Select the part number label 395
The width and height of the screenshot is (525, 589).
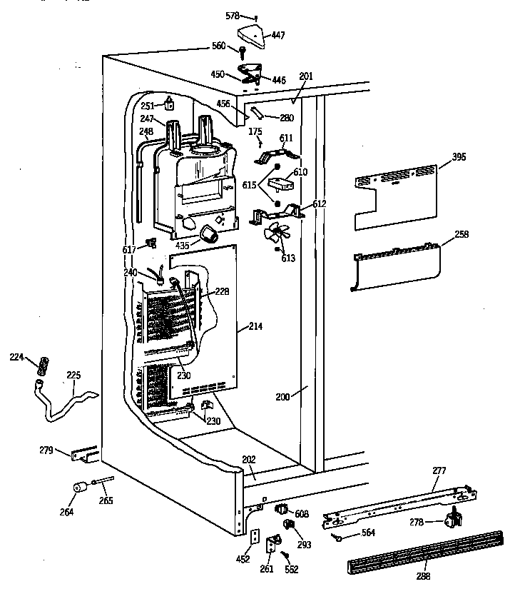coord(459,157)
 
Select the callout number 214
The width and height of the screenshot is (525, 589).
coord(255,327)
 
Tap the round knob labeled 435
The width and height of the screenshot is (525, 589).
coord(208,233)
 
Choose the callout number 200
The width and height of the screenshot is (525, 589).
coord(282,396)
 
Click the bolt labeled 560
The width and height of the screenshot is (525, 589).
coord(243,51)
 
